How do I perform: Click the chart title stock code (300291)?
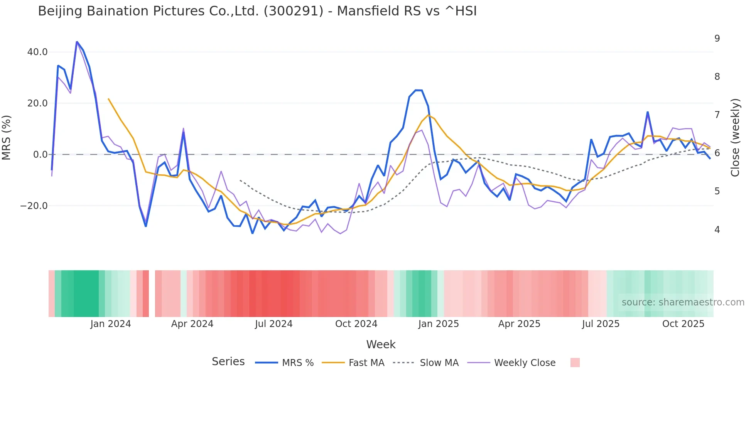pos(293,11)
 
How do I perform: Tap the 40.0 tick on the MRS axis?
pos(37,52)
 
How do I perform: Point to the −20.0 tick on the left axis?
pos(34,206)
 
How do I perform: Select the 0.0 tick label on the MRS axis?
pos(40,155)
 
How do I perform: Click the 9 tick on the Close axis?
pos(717,39)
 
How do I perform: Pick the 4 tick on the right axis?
pos(717,230)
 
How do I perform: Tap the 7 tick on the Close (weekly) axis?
pos(717,115)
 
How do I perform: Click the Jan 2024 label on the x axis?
pos(111,324)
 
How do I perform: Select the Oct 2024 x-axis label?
pos(356,324)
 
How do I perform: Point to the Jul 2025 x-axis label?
pos(601,324)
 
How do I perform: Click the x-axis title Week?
pos(381,344)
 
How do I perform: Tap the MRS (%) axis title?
pos(7,138)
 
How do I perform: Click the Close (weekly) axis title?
pos(735,138)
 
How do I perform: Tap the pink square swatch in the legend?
pos(575,363)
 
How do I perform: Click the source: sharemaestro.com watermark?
pos(683,302)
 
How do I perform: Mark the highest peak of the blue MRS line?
pos(77,42)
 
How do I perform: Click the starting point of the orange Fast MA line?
pos(108,99)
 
